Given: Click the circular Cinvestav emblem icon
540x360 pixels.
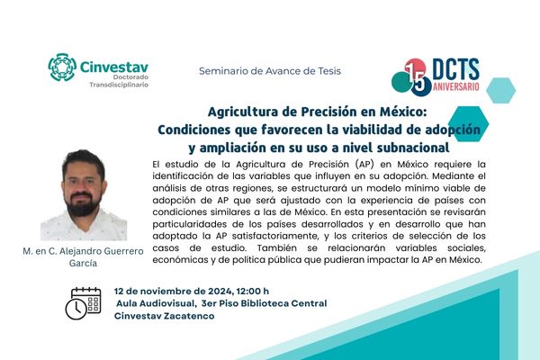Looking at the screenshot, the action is pos(62,67).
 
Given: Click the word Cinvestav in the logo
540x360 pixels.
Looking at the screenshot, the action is pos(114,67).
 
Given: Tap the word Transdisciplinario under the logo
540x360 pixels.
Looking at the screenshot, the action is pos(119,85).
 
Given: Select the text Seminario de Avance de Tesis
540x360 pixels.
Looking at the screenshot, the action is pos(270,71).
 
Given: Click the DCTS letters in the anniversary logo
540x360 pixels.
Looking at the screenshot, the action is pos(455,69).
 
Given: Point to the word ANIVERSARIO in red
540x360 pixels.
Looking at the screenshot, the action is pos(456,86).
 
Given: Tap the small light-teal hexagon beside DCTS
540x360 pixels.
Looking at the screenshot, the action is pos(500,91).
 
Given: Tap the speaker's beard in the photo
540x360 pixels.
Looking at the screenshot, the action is pos(82,204).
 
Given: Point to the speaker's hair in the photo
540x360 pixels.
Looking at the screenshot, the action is pos(84,161).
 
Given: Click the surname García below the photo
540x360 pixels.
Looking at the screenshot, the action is pos(83,263).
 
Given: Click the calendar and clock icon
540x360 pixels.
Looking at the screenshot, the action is pos(84,303).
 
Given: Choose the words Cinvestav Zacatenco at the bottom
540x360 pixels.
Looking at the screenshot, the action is pos(165,316).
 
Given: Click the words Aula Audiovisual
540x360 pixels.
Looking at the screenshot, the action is pos(156,303).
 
